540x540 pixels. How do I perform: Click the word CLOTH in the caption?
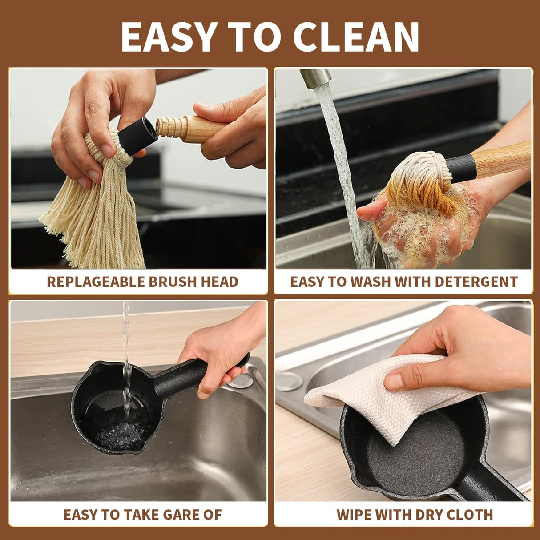pyautogui.click(x=470, y=515)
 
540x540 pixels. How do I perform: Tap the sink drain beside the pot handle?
pyautogui.click(x=241, y=380)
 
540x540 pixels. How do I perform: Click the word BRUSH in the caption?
pyautogui.click(x=174, y=282)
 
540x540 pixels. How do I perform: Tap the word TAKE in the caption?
pyautogui.click(x=141, y=515)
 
